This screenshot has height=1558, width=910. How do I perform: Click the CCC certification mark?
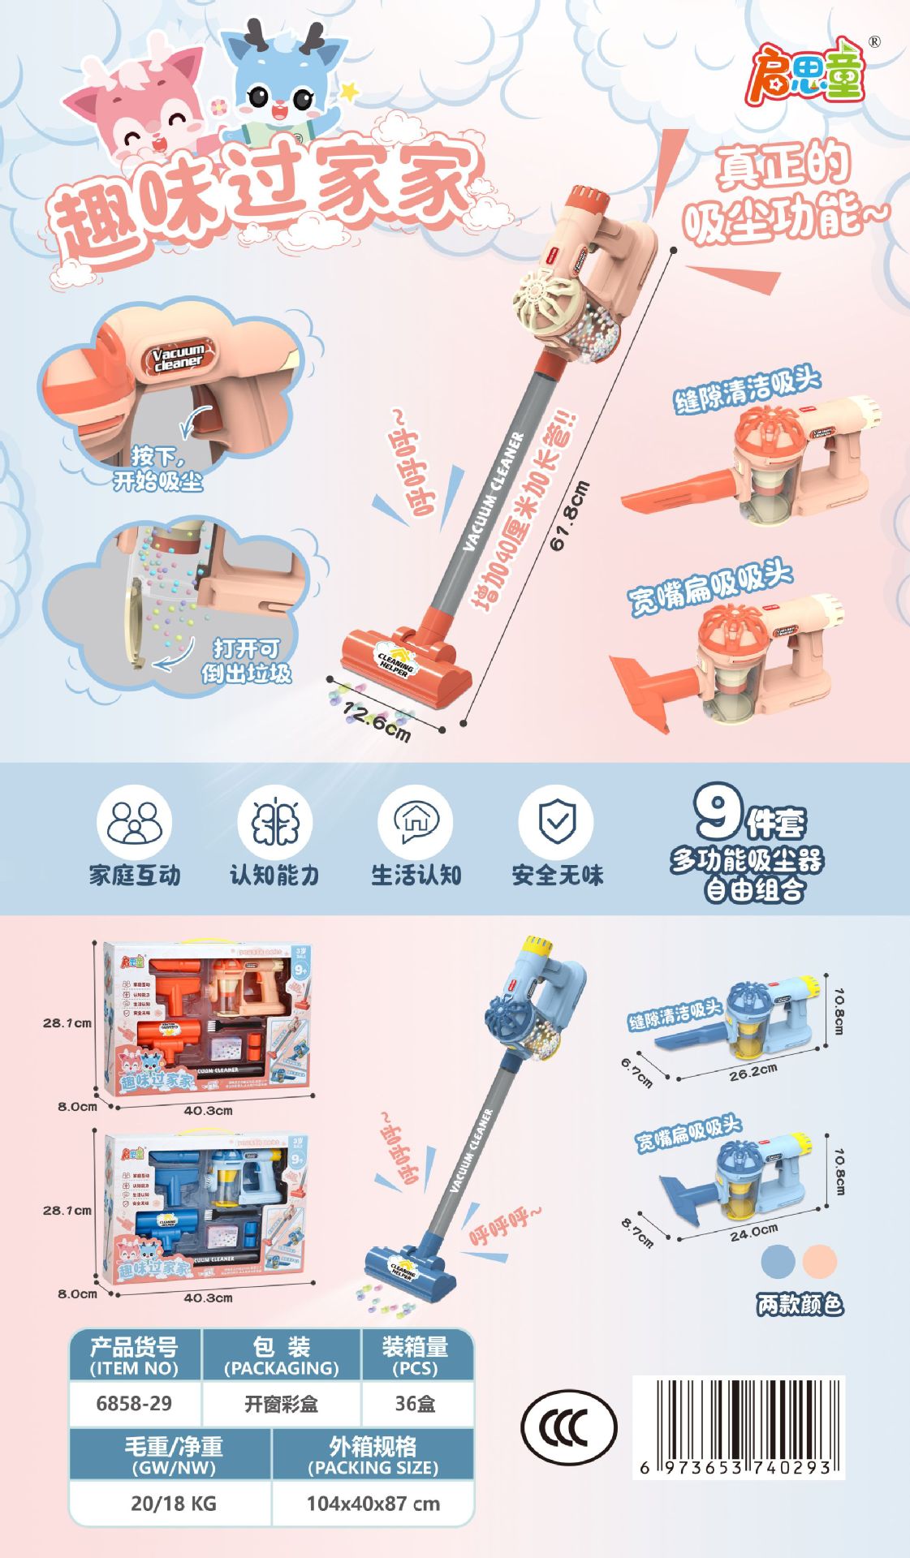(568, 1427)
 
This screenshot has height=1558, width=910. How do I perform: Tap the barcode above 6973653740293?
(738, 1419)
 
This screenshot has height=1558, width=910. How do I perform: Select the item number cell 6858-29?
(134, 1403)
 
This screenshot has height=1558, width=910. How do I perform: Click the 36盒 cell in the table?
(415, 1403)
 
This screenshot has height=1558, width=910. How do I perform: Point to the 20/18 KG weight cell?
(173, 1503)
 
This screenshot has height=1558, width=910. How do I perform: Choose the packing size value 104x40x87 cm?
(373, 1503)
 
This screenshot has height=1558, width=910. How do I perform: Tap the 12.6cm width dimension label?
(377, 721)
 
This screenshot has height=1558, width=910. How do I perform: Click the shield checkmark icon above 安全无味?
(557, 823)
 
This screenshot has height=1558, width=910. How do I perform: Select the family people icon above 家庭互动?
(134, 823)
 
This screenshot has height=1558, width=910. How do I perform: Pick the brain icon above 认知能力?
(274, 823)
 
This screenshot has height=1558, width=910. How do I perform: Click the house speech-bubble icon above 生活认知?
(416, 823)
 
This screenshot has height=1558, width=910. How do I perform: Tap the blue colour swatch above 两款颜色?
(778, 1262)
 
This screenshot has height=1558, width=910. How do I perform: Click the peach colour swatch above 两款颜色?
(819, 1262)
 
